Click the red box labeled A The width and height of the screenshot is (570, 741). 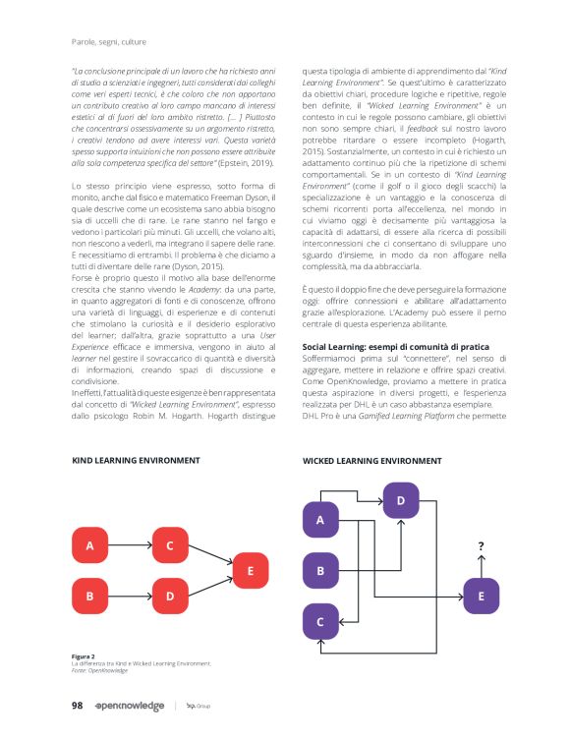coord(90,544)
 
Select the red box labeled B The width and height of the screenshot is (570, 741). coord(90,595)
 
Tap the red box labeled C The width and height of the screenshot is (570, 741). coord(170,544)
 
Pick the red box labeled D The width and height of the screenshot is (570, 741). coord(170,595)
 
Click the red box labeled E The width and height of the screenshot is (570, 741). coord(251,570)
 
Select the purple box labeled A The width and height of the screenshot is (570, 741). coord(320,520)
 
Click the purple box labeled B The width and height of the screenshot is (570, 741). coord(320,570)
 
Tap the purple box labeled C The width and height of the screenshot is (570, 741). coord(320,621)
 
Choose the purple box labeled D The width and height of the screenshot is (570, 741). coord(400,500)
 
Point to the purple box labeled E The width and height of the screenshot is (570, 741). coord(481,596)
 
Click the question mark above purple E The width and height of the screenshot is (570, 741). coord(481,545)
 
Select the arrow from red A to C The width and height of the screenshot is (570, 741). coord(131,544)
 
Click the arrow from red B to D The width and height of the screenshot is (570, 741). coord(131,595)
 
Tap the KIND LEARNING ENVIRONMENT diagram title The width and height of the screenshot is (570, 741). coord(136,460)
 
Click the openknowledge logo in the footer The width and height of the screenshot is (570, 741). coord(129,706)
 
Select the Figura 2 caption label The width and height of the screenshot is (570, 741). coord(83,656)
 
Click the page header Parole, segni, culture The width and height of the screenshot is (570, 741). coord(110,41)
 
